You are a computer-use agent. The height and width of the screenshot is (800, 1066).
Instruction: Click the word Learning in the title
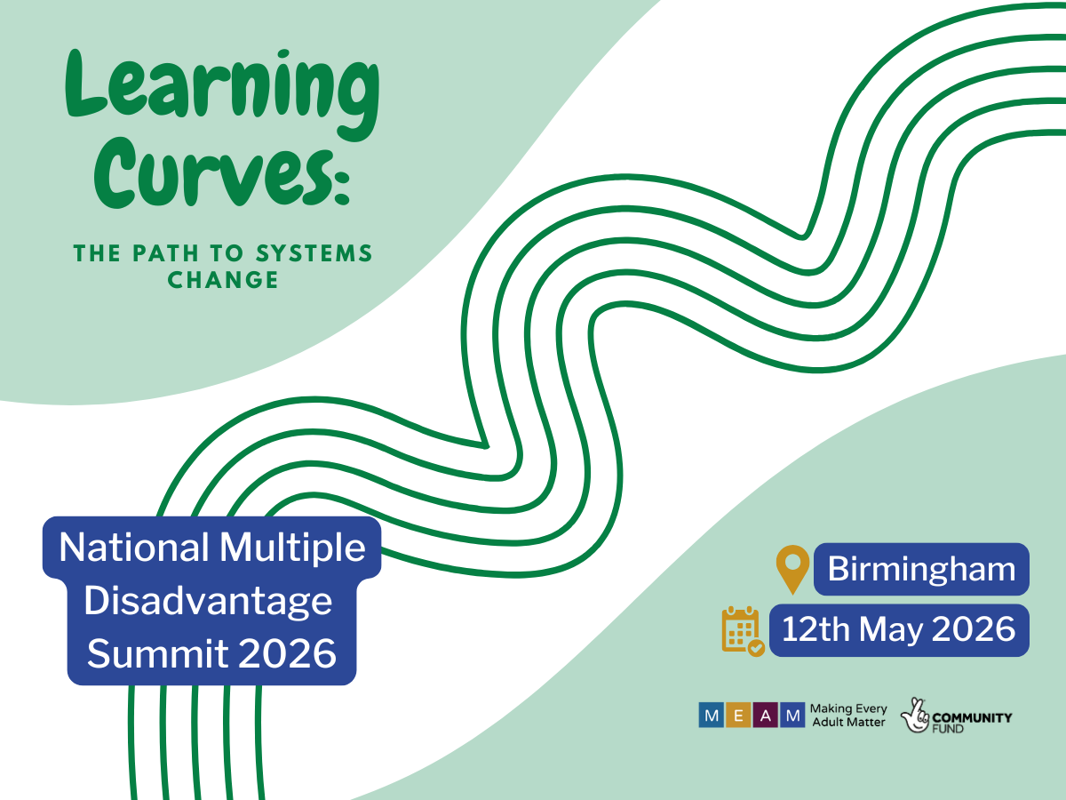pyautogui.click(x=222, y=93)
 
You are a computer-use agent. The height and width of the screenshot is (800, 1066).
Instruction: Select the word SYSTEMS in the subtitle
pyautogui.click(x=314, y=253)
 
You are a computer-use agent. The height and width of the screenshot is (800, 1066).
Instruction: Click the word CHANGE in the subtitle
pyautogui.click(x=223, y=280)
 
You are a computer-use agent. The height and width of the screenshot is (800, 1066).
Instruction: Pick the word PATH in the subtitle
pyautogui.click(x=165, y=253)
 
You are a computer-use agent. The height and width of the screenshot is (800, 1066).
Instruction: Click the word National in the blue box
pyautogui.click(x=134, y=548)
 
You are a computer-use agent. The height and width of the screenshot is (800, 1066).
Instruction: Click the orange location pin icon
pyautogui.click(x=792, y=569)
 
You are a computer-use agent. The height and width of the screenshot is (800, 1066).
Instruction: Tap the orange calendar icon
pyautogui.click(x=743, y=631)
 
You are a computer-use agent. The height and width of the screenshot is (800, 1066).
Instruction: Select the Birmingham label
pyautogui.click(x=921, y=569)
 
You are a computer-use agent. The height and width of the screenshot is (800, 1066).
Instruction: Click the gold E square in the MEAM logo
pyautogui.click(x=739, y=715)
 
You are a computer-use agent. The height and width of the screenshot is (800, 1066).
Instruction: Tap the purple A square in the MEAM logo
pyautogui.click(x=766, y=715)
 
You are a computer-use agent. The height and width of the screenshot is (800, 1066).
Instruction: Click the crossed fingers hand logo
pyautogui.click(x=914, y=716)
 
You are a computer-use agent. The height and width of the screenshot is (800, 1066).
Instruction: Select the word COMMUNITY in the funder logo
pyautogui.click(x=972, y=718)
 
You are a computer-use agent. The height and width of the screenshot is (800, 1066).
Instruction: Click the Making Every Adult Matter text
pyautogui.click(x=848, y=716)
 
